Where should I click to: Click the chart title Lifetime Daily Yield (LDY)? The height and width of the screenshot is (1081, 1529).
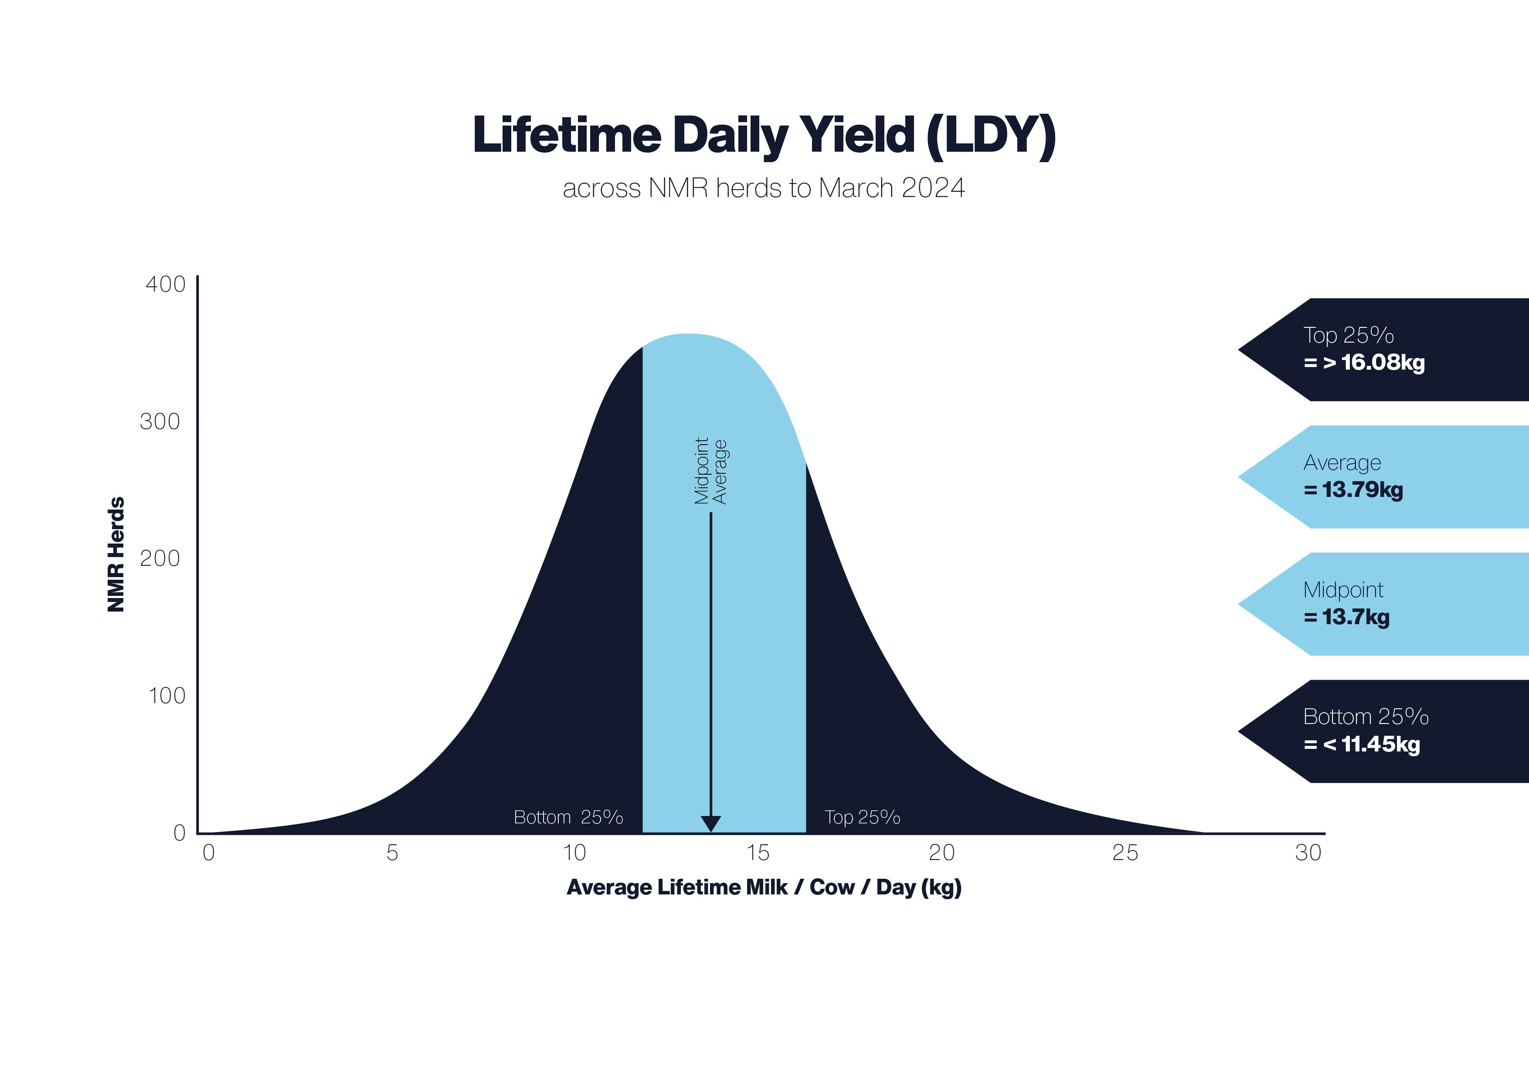[x=764, y=136]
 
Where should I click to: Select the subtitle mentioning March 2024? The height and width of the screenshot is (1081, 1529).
[x=764, y=188]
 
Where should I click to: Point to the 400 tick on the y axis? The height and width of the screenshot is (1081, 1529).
[x=165, y=284]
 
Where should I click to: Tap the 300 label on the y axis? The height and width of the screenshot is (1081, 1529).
[x=160, y=422]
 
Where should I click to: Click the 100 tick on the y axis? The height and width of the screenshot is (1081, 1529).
[x=166, y=696]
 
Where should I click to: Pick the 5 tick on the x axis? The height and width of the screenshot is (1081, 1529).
[x=392, y=853]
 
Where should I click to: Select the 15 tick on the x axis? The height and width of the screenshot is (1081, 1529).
[x=758, y=853]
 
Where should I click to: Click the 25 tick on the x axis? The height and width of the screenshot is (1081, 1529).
[x=1125, y=853]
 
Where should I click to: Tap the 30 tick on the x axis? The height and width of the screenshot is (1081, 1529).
[x=1308, y=853]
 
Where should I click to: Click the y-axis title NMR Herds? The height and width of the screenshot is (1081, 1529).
[x=116, y=554]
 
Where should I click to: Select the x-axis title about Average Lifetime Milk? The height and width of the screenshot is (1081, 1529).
[x=764, y=888]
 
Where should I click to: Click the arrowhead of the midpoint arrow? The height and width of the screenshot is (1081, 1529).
[x=710, y=824]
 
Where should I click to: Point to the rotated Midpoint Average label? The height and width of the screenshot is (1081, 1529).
[x=710, y=471]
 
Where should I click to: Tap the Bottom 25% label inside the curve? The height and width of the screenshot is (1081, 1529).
[x=568, y=817]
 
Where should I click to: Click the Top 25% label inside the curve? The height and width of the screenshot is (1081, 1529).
[x=863, y=817]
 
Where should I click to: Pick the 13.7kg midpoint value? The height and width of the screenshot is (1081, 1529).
[x=1356, y=617]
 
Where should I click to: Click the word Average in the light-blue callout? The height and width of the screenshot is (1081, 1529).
[x=1342, y=462]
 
